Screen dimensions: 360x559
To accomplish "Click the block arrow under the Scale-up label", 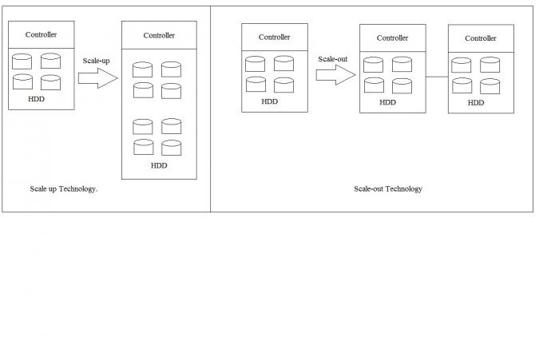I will (97, 78).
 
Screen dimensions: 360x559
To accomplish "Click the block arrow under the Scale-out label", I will (335, 75).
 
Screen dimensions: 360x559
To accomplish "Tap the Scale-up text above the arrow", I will (96, 61).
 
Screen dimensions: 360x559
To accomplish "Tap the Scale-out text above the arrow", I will (332, 58).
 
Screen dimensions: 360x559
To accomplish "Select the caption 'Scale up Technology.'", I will (63, 189).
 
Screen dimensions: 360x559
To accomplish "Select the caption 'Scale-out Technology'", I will (387, 189).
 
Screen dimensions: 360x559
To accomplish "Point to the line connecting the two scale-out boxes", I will (437, 77).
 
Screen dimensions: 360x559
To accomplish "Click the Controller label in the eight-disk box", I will (159, 35).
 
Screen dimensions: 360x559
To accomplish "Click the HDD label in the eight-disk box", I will (159, 166).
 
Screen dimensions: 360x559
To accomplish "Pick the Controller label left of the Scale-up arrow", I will (41, 34).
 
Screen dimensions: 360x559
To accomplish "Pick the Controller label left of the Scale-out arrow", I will (274, 37).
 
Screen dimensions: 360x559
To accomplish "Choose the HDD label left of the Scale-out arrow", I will (270, 101).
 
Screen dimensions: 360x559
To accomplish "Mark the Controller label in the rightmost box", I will (481, 38).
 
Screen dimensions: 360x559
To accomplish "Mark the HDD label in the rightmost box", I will (476, 102).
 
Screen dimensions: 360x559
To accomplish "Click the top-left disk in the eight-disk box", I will (143, 69).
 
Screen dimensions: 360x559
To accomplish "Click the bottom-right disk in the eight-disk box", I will (172, 147).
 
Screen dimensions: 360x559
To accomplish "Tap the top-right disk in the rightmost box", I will (490, 64).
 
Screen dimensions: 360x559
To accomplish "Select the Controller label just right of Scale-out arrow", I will (392, 38).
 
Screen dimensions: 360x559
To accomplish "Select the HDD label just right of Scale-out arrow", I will (387, 102).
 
